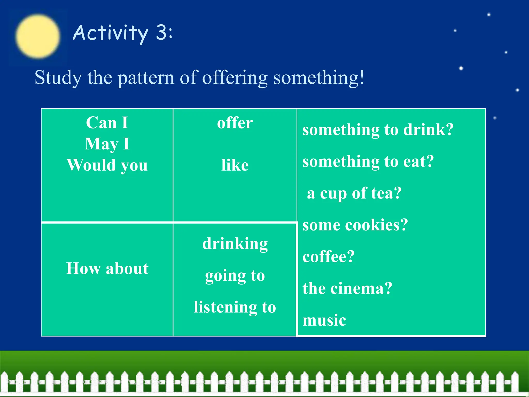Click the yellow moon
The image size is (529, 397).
pos(38,36)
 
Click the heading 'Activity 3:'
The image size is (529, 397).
pos(123,33)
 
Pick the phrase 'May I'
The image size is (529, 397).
pos(107,144)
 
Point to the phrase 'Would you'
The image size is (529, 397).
pos(107,165)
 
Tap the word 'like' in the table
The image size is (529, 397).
pos(235,165)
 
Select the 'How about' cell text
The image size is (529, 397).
pos(107,268)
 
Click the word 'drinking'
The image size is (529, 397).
pos(235,244)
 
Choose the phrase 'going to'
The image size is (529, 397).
pos(235,276)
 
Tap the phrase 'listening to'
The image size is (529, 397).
pos(235,307)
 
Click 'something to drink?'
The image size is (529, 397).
pos(378,129)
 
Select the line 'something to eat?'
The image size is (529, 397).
pos(368,161)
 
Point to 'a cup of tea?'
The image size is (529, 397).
pos(354,193)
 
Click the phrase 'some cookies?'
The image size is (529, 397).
pos(355,225)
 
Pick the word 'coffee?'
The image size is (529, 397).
pos(329,257)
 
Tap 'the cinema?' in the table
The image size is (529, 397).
pos(347,288)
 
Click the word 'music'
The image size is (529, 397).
pos(324,320)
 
